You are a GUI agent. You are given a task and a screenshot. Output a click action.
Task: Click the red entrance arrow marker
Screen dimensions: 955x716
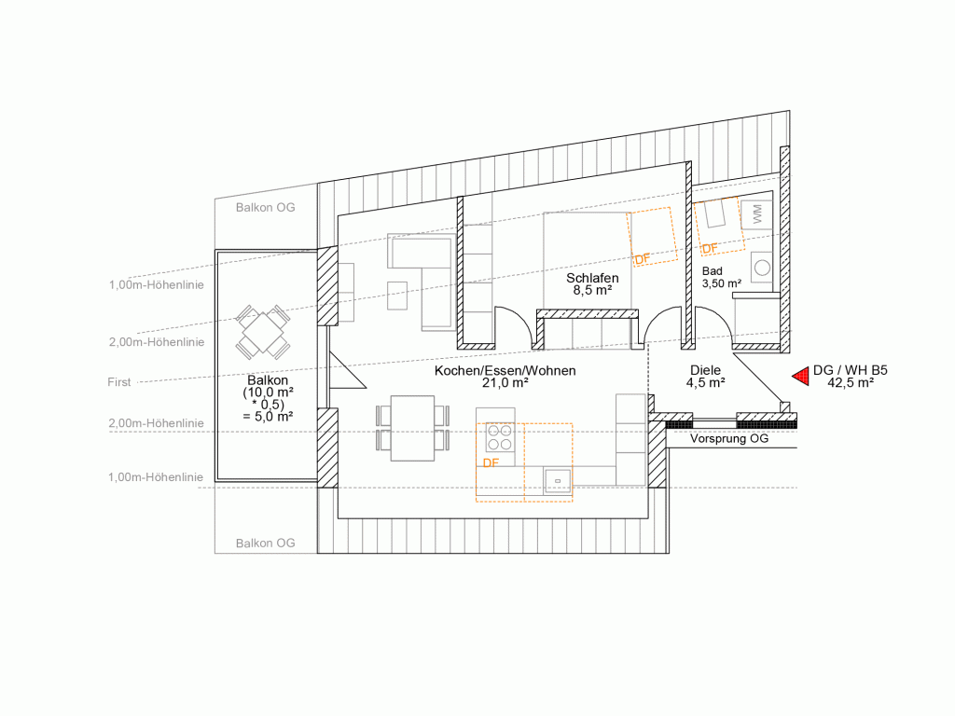(801, 377)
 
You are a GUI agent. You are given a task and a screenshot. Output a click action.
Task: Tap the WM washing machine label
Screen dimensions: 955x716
(757, 213)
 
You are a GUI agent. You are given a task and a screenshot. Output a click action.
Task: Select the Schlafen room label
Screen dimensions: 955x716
(592, 278)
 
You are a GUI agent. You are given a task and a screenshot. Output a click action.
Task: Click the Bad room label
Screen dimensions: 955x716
(712, 271)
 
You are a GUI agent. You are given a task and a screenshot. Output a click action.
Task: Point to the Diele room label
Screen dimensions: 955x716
(705, 370)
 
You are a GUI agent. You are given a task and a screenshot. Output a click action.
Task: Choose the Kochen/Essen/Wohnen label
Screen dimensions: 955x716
(505, 371)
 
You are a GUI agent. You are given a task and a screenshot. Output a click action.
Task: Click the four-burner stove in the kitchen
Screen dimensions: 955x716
(500, 436)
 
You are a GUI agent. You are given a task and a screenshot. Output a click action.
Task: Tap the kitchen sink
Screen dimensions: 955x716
(558, 481)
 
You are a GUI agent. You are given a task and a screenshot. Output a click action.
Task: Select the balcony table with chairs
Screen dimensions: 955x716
(263, 333)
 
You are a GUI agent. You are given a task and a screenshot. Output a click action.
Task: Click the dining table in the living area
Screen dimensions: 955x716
(412, 429)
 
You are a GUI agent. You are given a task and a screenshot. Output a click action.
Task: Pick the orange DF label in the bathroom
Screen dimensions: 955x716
(710, 248)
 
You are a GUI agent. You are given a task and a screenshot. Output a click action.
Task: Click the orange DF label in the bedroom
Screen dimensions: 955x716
(643, 259)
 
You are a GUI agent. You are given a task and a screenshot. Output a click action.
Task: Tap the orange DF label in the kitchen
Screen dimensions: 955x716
(491, 463)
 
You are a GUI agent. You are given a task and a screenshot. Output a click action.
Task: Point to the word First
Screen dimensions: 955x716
(118, 382)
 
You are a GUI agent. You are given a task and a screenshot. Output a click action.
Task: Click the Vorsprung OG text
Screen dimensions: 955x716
(729, 438)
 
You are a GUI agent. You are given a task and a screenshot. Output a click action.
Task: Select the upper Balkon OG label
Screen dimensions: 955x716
(266, 208)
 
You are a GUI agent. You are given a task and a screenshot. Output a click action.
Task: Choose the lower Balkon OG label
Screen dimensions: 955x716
(266, 544)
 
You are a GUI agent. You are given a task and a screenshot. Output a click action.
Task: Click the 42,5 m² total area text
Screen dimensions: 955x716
(851, 383)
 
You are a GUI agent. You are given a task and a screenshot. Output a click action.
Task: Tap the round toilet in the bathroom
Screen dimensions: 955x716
(761, 268)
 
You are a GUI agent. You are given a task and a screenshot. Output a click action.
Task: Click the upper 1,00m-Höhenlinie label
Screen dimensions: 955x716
(157, 285)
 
